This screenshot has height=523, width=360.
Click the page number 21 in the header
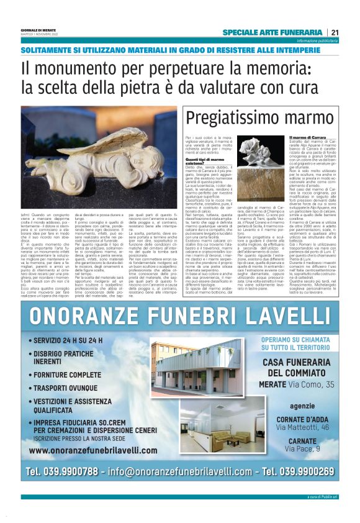coord(334,32)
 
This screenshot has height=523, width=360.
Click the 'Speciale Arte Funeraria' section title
coord(272,32)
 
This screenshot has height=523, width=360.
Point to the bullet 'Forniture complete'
coord(67,375)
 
